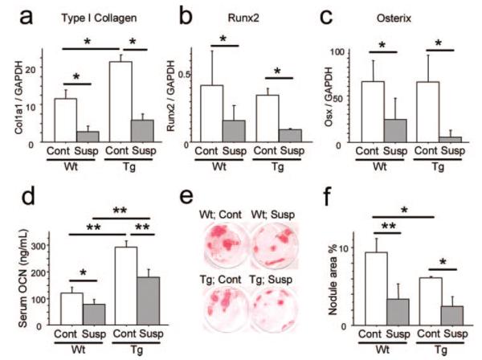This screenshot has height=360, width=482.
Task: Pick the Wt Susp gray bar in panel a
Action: [x=88, y=137]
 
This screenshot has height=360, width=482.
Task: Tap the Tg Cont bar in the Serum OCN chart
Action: [x=125, y=282]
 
